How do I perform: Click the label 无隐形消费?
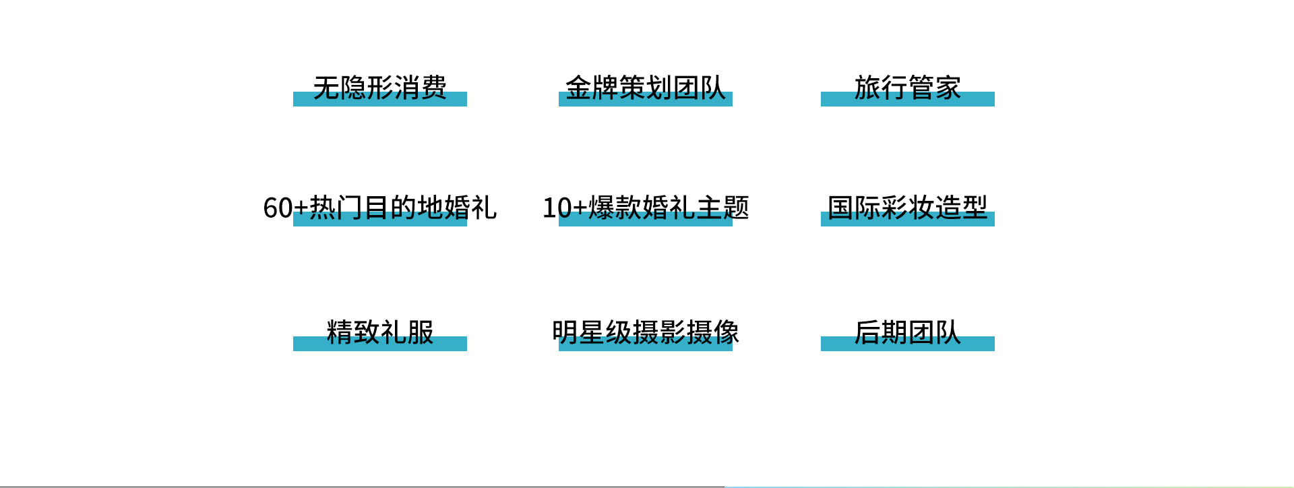[x=380, y=88]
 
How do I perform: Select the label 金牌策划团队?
[x=646, y=88]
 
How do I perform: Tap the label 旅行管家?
[x=908, y=88]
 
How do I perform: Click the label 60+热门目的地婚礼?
[x=380, y=208]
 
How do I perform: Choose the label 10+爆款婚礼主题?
[x=646, y=208]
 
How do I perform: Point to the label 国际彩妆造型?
[x=908, y=208]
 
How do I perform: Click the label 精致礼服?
[x=380, y=332]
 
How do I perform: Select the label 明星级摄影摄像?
[x=646, y=332]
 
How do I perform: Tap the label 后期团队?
[x=908, y=332]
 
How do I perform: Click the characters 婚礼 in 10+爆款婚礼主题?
[x=669, y=208]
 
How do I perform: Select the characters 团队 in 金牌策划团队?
[x=700, y=88]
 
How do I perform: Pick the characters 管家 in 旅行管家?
[x=935, y=88]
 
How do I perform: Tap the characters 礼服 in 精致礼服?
[x=407, y=332]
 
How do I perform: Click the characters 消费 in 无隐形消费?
[x=421, y=88]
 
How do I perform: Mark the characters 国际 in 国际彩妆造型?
[x=854, y=208]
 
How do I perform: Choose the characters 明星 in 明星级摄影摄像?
[x=578, y=332]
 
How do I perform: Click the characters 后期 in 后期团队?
[x=881, y=332]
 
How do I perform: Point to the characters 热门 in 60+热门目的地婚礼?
[x=336, y=208]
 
